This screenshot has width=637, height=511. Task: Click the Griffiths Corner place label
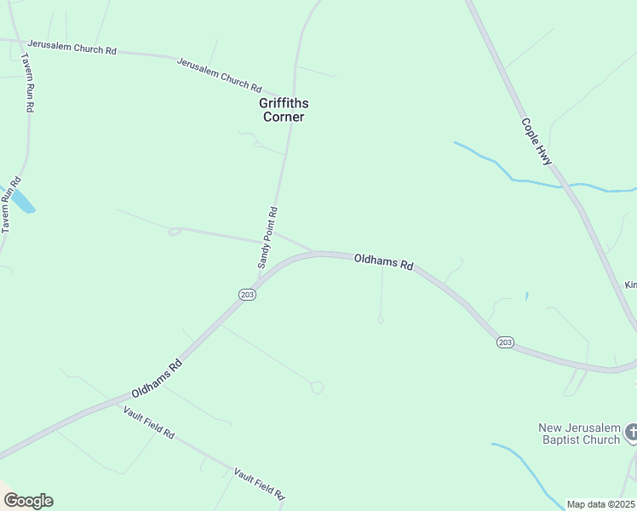[x=284, y=110]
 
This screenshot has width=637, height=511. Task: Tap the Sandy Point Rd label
[x=267, y=238]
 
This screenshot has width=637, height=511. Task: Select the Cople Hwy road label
[x=537, y=141]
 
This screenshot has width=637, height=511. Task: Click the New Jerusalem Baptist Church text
[x=579, y=433]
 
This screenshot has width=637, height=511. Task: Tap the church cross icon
[x=631, y=433]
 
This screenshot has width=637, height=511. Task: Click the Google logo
[x=28, y=501]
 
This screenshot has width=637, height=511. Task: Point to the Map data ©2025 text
[x=601, y=504]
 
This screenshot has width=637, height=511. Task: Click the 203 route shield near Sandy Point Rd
[x=247, y=295]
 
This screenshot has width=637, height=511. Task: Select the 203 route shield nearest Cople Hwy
[x=505, y=342]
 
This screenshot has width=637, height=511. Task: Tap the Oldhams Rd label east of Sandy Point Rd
[x=383, y=261]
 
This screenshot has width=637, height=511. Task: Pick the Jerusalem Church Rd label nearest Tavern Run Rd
[x=72, y=48]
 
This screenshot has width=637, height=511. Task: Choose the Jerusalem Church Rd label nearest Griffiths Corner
[x=219, y=74]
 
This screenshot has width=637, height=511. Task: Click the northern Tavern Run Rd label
[x=27, y=83]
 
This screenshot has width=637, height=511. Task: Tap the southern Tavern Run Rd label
[x=9, y=205]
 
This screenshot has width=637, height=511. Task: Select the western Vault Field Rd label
[x=148, y=422]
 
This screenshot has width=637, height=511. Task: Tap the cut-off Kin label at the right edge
[x=630, y=284]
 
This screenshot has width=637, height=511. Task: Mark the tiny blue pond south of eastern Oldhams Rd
[x=527, y=296]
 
